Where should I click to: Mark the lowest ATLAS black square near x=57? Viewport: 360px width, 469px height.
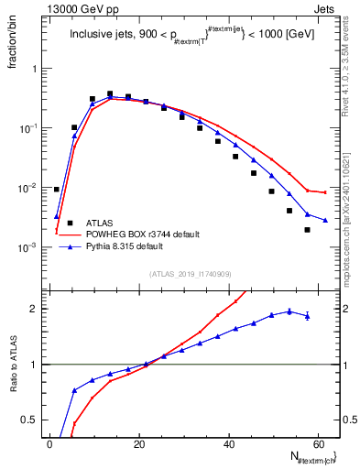pos(307,230)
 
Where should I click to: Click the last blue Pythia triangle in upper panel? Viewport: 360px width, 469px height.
pos(325,220)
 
